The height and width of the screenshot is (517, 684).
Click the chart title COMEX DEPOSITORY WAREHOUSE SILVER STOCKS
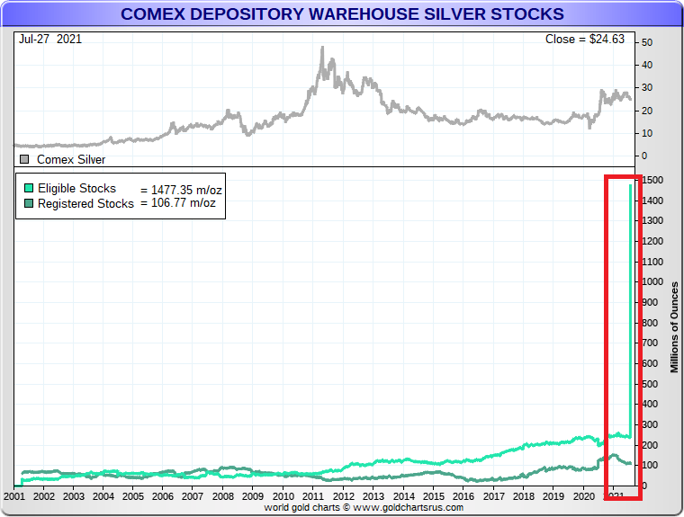pos(342,14)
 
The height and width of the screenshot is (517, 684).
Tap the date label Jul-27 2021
pos(46,40)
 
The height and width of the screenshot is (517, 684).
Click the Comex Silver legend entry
pos(70,159)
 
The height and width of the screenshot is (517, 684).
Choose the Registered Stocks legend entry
pos(79,203)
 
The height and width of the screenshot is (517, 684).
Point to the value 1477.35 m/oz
pos(181,190)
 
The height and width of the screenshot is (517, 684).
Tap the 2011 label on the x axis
pos(312,495)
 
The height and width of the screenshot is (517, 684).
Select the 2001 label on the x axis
pos(14,495)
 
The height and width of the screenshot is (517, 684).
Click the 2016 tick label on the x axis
pos(463,495)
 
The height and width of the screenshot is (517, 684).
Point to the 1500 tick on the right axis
pos(653,180)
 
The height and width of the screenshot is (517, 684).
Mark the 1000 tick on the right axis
pos(653,282)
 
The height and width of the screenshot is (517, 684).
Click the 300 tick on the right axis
pos(650,425)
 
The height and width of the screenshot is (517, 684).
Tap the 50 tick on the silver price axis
pos(647,42)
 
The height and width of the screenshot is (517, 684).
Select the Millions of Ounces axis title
pos(675,326)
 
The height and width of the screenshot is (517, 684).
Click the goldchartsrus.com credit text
pos(364,507)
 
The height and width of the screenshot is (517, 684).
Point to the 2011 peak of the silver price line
pos(322,48)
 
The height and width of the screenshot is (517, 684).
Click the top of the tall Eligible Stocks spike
pos(629,185)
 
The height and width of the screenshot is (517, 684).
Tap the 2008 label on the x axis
pos(223,495)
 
